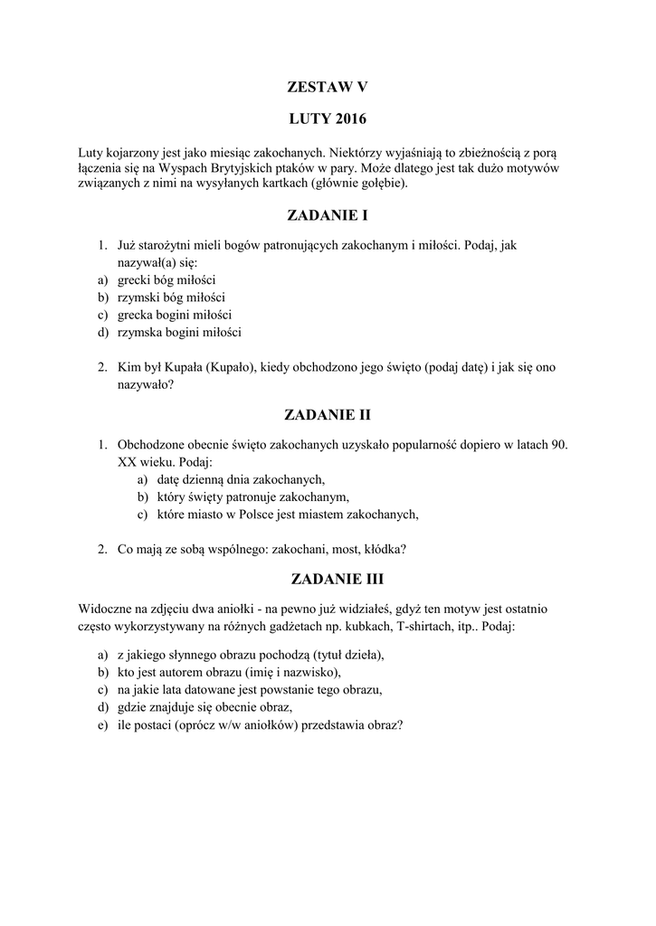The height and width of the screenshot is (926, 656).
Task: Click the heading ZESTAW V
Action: pyautogui.click(x=328, y=87)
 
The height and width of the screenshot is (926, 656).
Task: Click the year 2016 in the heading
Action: pyautogui.click(x=347, y=119)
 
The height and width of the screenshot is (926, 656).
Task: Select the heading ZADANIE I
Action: pyautogui.click(x=328, y=216)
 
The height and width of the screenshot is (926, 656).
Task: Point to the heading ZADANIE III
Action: pyautogui.click(x=328, y=578)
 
